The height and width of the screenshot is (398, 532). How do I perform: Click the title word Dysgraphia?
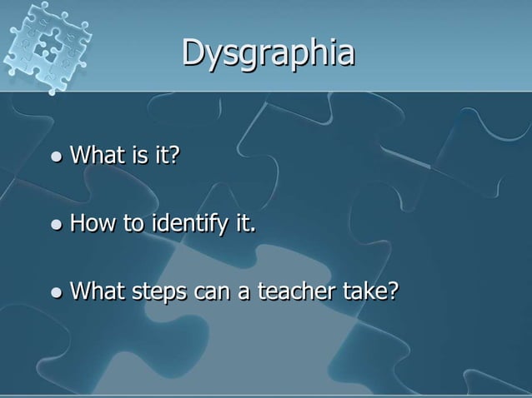268,54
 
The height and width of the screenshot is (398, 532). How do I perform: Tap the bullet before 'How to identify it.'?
56,225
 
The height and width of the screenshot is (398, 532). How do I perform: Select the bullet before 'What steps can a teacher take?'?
56,293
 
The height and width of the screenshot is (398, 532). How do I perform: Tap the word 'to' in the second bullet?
134,225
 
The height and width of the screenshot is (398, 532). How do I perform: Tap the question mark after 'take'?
393,293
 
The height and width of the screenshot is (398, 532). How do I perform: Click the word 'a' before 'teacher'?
241,295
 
